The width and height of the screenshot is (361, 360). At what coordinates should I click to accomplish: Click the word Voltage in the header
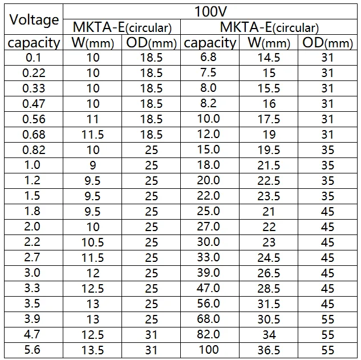point(34,20)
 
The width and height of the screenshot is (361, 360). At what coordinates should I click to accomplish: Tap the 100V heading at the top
point(210,11)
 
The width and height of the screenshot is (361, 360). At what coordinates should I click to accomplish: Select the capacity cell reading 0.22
point(34,73)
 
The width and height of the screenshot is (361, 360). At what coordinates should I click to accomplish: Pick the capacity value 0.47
point(34,104)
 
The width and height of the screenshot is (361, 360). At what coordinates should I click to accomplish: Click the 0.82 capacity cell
point(34,150)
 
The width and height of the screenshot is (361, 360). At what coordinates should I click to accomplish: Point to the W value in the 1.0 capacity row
point(93,165)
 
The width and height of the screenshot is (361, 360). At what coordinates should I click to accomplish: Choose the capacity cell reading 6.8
point(208,57)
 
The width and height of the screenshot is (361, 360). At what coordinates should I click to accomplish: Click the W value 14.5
point(269,58)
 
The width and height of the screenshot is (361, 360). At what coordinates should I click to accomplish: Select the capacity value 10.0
point(209,119)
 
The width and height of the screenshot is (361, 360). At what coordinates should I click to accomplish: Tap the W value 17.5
point(269,119)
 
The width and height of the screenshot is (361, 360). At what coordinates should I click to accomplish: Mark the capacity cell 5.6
point(33,350)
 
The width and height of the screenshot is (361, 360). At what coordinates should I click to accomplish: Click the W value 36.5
point(269,350)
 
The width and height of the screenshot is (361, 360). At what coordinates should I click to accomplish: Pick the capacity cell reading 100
point(209,350)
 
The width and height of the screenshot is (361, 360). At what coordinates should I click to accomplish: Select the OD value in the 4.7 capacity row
point(151,335)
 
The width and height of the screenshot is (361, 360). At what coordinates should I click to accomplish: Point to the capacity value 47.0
point(209,288)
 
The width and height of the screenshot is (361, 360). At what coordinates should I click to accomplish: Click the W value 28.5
point(269,289)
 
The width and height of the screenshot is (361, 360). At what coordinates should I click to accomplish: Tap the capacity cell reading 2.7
point(33,257)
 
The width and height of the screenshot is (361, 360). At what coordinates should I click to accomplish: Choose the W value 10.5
point(93,242)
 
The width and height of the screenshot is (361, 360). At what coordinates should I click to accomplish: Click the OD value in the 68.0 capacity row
point(327,319)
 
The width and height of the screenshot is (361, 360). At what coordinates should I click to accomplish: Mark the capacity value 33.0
point(209,257)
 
